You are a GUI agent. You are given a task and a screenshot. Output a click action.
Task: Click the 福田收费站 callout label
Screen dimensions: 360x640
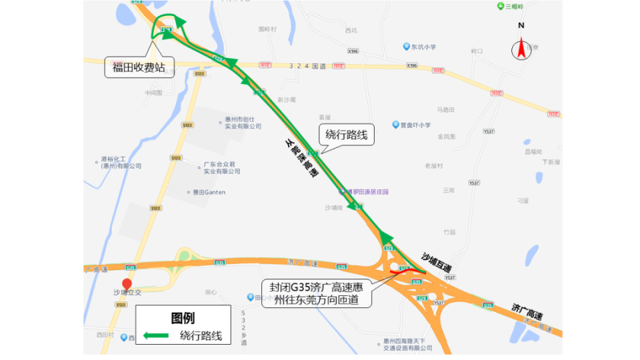point(139,67)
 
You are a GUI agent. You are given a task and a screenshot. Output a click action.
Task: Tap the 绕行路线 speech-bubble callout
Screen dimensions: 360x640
point(346,135)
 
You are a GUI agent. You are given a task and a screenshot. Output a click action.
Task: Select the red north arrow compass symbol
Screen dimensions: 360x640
point(521,49)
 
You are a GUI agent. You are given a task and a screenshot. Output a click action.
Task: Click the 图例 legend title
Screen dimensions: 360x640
point(183,318)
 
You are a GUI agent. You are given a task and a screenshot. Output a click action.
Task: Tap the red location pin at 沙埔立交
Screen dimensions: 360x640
point(127,284)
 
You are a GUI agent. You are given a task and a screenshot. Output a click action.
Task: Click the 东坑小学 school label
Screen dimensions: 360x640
point(423,47)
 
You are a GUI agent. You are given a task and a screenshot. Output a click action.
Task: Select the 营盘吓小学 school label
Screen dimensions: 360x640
point(415,125)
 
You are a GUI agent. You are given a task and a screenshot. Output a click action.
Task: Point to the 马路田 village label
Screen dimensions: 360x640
point(445,109)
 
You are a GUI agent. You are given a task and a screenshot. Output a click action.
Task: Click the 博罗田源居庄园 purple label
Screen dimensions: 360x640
point(367,192)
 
